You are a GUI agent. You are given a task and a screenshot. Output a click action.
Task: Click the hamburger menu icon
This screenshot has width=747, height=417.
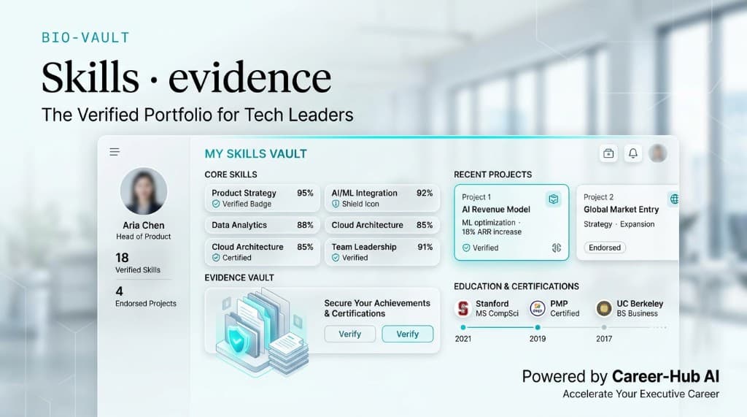(115, 152)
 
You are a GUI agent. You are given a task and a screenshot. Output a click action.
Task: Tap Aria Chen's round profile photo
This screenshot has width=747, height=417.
(144, 191)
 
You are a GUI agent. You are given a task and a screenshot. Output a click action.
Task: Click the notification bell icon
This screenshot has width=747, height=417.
(633, 153)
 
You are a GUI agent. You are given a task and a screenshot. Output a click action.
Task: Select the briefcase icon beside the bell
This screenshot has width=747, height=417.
(608, 153)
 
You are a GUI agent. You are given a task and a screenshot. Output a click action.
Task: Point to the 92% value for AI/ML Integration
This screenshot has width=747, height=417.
(425, 194)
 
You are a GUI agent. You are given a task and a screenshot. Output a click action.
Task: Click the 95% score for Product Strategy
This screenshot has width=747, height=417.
(305, 194)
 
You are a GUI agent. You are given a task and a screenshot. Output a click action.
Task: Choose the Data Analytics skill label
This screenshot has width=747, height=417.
(239, 225)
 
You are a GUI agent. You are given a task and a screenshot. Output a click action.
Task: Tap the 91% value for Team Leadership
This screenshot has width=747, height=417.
(425, 248)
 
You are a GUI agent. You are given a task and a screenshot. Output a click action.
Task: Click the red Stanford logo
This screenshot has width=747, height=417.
(462, 308)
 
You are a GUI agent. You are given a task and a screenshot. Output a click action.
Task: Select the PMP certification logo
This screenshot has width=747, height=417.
(537, 308)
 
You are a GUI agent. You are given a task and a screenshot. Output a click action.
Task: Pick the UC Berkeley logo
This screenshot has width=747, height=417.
(603, 308)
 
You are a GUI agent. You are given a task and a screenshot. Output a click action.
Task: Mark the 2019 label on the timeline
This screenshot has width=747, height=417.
(537, 339)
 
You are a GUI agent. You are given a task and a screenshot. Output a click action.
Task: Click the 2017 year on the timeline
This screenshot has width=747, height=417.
(604, 339)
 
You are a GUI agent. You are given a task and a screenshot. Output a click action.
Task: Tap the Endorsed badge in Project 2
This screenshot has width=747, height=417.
(605, 248)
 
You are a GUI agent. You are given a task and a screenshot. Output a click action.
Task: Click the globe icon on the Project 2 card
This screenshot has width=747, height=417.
(673, 199)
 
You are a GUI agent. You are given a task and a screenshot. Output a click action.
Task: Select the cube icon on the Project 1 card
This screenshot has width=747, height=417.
(554, 199)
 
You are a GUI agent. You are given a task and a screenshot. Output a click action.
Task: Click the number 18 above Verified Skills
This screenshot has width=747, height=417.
(122, 257)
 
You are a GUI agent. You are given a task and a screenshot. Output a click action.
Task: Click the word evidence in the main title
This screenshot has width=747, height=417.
(249, 77)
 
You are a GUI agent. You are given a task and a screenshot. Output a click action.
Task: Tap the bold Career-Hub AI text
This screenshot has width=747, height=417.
(665, 377)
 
